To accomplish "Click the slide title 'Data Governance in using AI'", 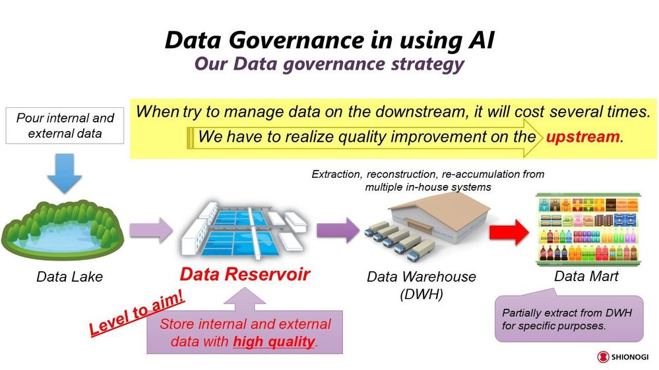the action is point(330,41).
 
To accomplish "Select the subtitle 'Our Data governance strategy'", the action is point(329,64).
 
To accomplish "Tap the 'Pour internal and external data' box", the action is point(65,126).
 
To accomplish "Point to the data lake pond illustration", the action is point(63,230).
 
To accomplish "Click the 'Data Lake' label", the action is point(69,277).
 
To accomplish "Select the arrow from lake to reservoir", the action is point(151,230).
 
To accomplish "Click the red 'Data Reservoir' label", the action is point(245,274).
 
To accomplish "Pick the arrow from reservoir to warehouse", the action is point(338,230).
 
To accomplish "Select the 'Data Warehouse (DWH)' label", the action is point(421,285).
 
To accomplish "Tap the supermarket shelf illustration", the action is point(588,230).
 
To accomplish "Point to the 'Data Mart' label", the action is point(586,276).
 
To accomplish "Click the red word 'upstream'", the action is point(582,137).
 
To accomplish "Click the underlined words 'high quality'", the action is point(274,342).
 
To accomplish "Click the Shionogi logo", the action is point(623,357).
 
